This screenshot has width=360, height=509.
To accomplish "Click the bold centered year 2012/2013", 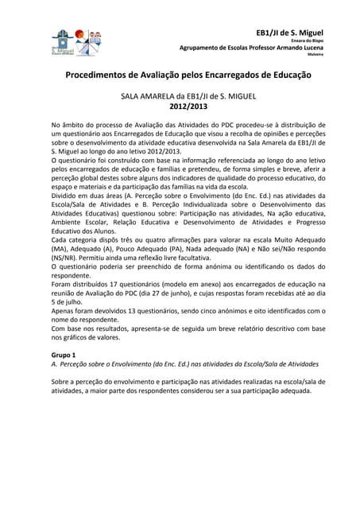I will click(x=180, y=104).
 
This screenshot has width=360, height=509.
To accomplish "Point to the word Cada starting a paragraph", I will click(x=60, y=236).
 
